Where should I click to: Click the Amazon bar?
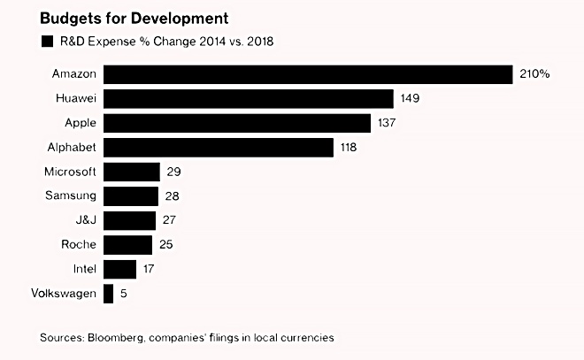(308, 74)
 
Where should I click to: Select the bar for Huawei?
(248, 98)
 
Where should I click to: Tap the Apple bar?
(236, 123)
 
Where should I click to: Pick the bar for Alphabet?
(218, 147)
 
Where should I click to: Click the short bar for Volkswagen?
(109, 294)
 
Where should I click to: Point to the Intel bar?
(119, 269)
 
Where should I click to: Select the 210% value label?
(534, 74)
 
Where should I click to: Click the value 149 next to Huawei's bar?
(411, 98)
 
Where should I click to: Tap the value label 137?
(388, 123)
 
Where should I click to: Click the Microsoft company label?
(70, 172)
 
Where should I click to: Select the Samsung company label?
(70, 195)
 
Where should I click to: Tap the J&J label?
(83, 220)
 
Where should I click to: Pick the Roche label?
(80, 245)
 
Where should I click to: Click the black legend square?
(45, 41)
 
